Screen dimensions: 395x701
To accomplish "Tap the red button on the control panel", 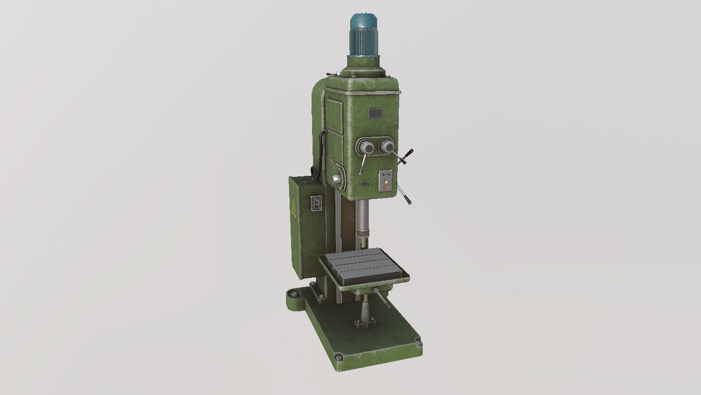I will pyautogui.click(x=386, y=187).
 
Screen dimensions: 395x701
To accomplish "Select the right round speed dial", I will pyautogui.click(x=386, y=147).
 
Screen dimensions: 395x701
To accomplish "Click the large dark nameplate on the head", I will pyautogui.click(x=375, y=113).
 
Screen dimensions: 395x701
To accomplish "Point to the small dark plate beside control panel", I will pyautogui.click(x=365, y=184).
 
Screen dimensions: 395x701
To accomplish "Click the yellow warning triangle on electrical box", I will pyautogui.click(x=294, y=209).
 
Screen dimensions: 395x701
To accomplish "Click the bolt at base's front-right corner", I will pyautogui.click(x=419, y=344).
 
